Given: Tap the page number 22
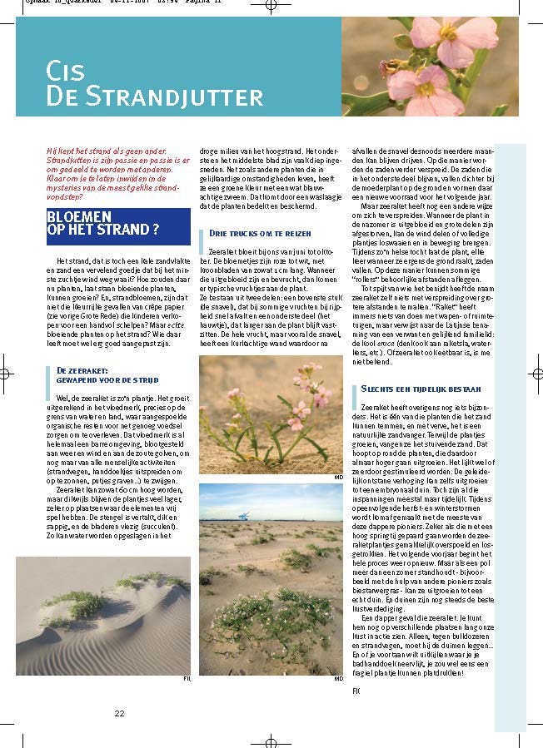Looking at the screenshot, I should pos(119,713).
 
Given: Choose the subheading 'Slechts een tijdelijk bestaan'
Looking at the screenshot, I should pos(421,389).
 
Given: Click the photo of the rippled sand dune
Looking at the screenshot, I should pos(103,616).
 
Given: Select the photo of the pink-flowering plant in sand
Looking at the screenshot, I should pos(271,414).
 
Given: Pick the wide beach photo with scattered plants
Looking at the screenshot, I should pos(271,579).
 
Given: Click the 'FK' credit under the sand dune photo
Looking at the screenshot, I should pos(187,680).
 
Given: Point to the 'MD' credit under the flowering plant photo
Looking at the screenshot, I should pos(338,478).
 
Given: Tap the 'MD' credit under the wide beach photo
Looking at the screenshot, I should pos(338,679).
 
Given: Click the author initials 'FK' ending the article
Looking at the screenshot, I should pos(356,691).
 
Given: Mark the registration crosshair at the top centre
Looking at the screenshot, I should pos(271,6).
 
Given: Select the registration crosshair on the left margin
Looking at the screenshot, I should pos(6,373).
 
